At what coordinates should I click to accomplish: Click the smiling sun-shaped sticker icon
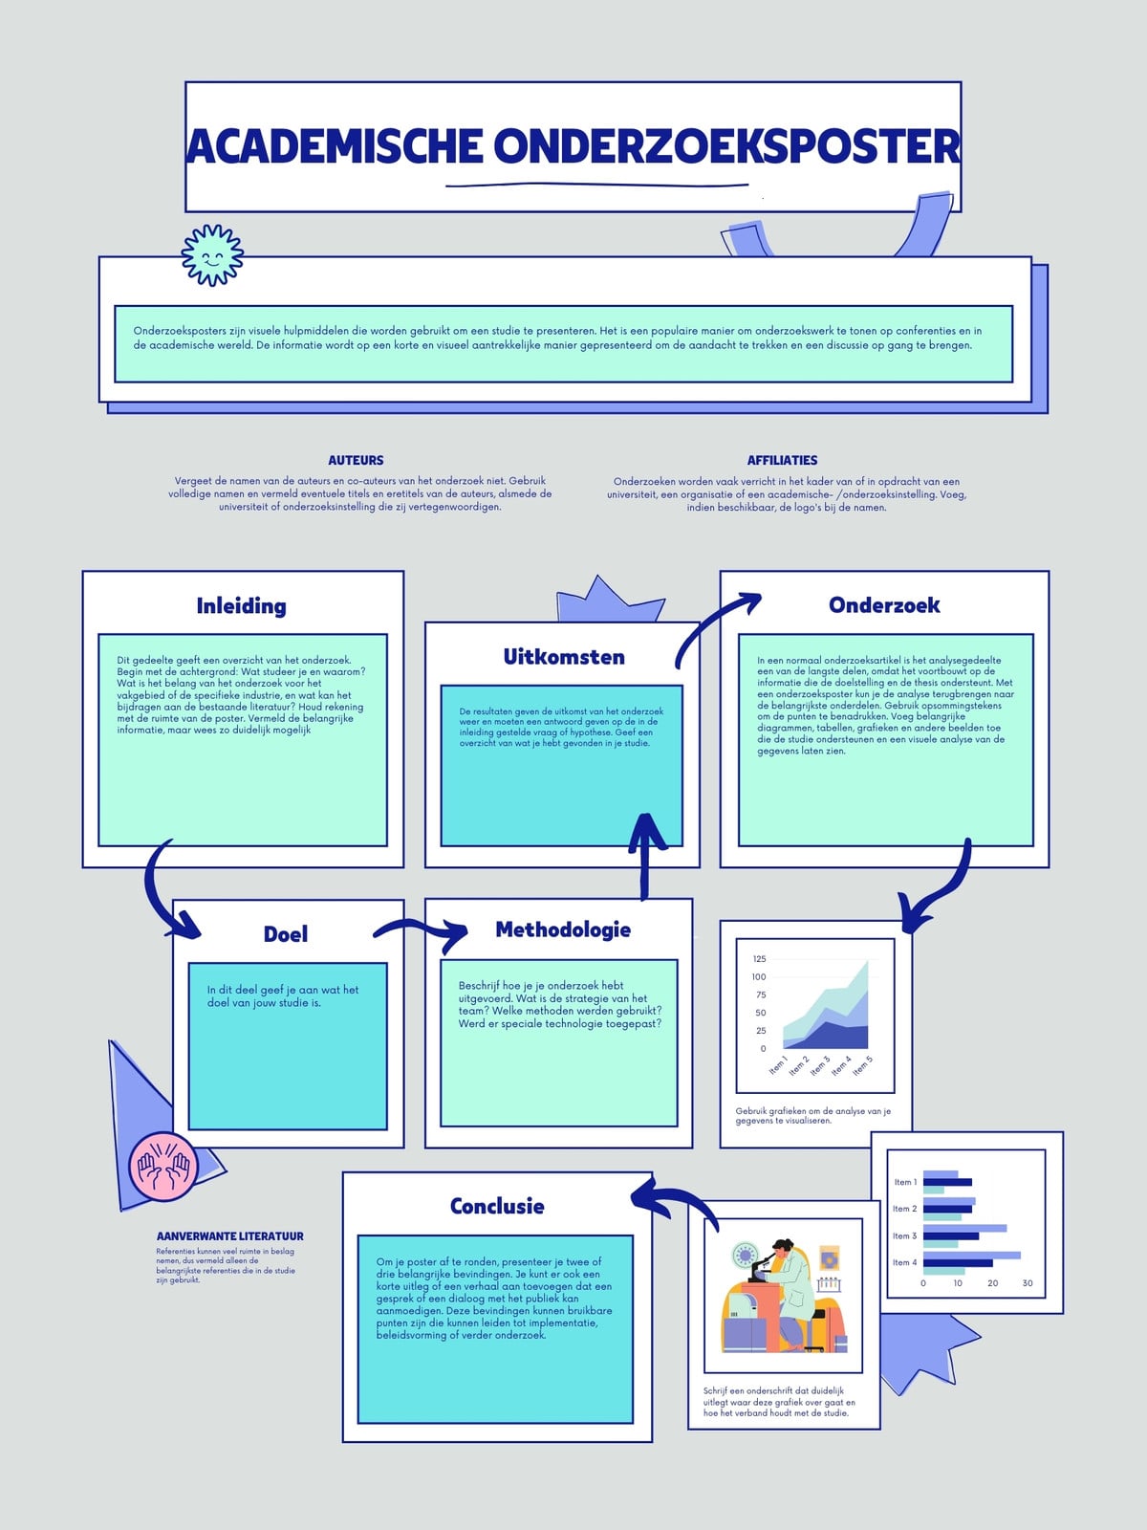[212, 255]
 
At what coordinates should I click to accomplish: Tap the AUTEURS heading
[356, 460]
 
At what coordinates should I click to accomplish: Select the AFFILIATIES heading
[782, 460]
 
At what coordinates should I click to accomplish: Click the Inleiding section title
[241, 605]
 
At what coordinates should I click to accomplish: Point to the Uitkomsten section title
[564, 657]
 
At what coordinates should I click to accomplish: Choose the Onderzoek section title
[884, 605]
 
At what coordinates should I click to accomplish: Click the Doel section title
[286, 934]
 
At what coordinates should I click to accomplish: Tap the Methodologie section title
[563, 929]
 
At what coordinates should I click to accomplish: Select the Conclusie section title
[496, 1206]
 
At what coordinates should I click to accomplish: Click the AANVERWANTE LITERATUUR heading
[229, 1235]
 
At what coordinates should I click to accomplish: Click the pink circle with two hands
[163, 1167]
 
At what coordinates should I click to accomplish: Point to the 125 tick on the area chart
[759, 959]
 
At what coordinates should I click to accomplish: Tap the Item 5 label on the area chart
[862, 1065]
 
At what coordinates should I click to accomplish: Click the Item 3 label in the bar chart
[904, 1235]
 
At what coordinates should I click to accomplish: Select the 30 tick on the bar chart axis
[1028, 1282]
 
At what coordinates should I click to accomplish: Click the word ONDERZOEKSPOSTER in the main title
[726, 146]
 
